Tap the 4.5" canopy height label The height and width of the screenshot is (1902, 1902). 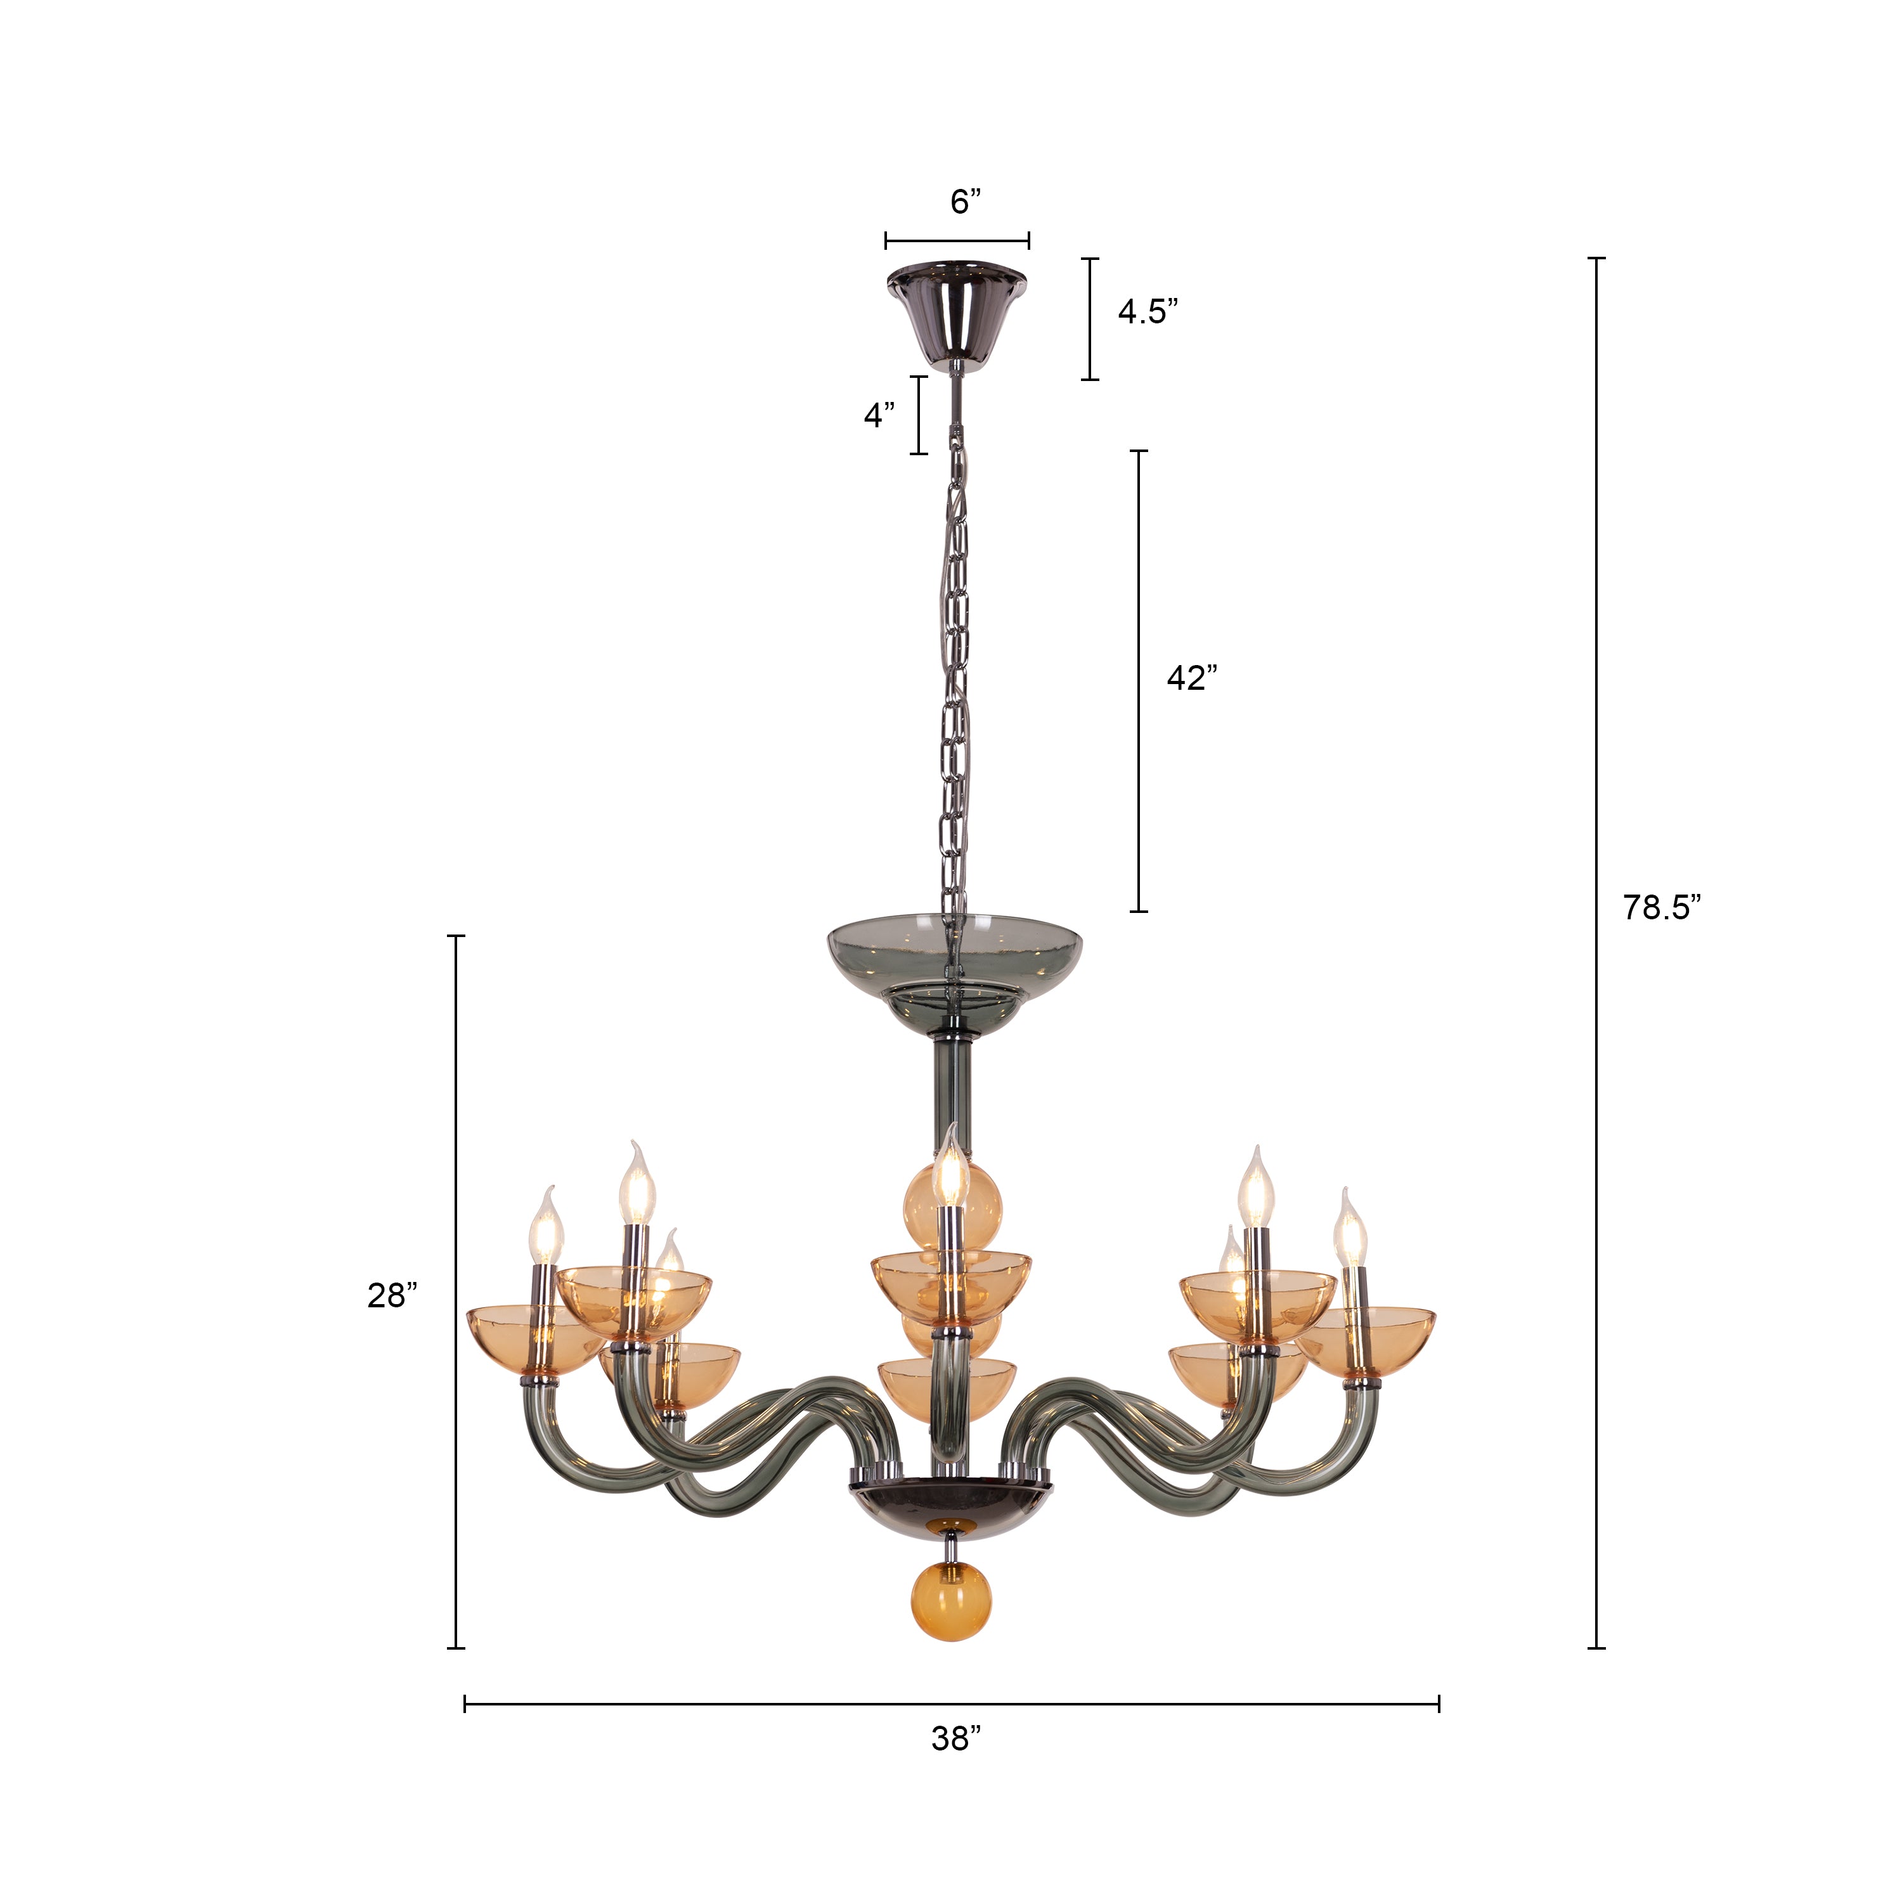coord(1147,311)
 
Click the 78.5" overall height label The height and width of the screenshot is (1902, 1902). coord(1662,907)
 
